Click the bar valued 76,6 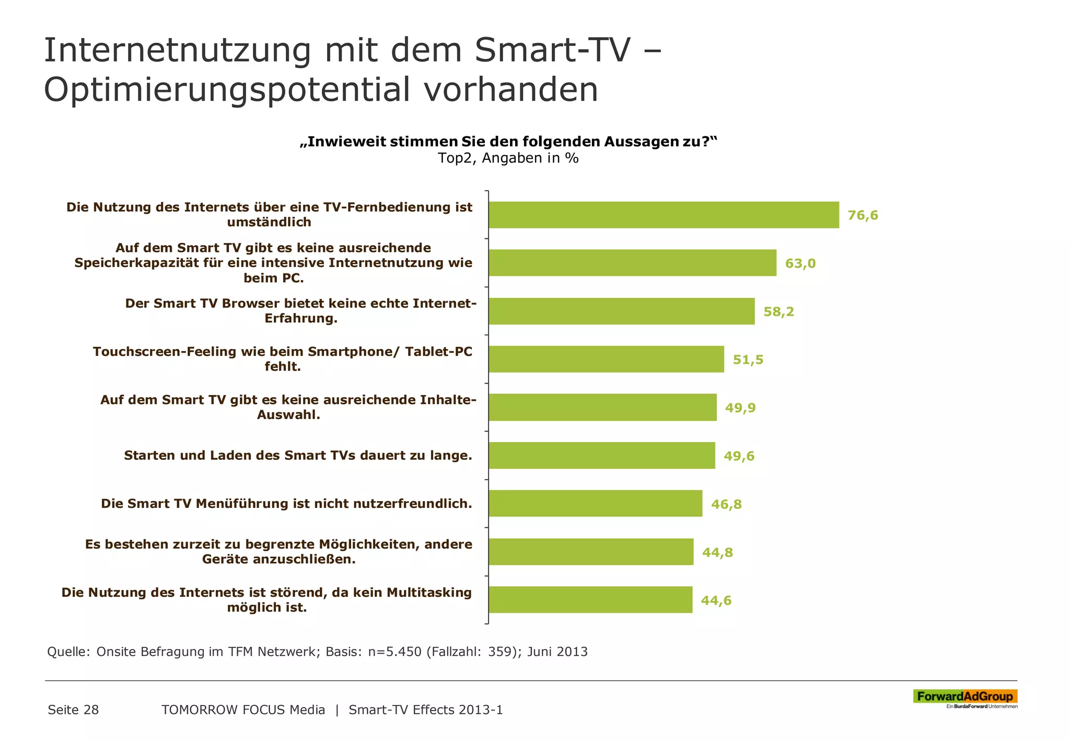click(664, 215)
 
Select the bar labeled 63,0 click(632, 263)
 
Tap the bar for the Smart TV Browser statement click(622, 311)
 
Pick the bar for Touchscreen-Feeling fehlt click(606, 359)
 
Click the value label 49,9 click(740, 408)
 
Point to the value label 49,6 click(739, 456)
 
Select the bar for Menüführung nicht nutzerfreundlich click(596, 504)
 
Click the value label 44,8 click(717, 552)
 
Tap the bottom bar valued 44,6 click(590, 600)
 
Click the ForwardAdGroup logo click(965, 698)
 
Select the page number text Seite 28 click(73, 710)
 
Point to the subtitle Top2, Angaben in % click(508, 158)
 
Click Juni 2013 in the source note click(557, 652)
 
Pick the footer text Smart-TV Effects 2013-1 click(425, 710)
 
